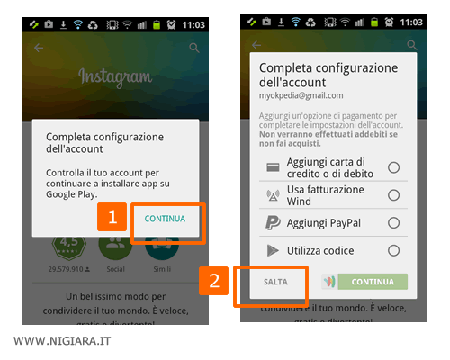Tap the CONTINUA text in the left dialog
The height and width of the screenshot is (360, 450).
point(165,219)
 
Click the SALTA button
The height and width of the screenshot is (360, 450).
point(275,282)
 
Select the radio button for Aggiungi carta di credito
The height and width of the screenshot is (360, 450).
point(393,167)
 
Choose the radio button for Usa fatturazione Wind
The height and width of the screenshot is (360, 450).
point(393,194)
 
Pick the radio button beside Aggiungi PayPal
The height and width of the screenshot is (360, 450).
point(393,222)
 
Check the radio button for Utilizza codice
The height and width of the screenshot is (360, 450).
point(393,250)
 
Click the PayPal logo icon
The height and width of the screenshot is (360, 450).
point(273,222)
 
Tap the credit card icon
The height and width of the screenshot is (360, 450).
point(273,167)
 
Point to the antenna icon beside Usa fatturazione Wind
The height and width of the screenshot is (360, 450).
point(273,195)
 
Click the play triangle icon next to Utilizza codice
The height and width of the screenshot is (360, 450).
point(273,250)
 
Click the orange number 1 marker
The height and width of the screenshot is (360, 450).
point(112,217)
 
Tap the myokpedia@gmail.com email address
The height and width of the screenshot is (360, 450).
point(301,94)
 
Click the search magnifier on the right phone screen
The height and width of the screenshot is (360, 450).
point(411,45)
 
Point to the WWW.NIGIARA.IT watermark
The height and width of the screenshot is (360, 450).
point(62,342)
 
